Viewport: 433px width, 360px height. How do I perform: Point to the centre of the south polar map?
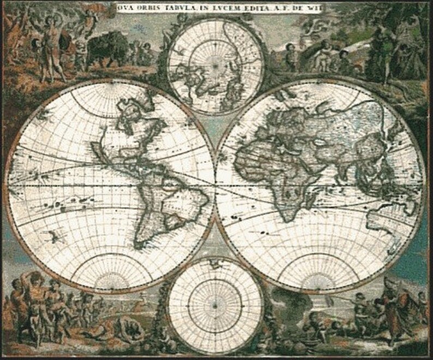tap(215, 306)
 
